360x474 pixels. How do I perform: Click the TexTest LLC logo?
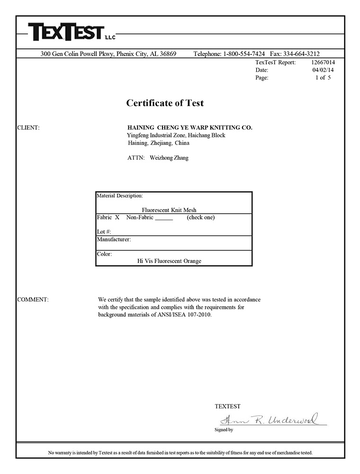click(71, 32)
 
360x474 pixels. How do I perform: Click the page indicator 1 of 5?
click(324, 77)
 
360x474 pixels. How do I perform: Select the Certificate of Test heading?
click(165, 103)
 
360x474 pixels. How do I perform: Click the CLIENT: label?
click(28, 128)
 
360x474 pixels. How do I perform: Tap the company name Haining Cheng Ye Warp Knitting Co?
click(190, 128)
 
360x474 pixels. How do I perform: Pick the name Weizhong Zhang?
click(169, 158)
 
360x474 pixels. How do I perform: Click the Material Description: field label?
click(120, 195)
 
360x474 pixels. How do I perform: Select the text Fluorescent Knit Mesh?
click(169, 210)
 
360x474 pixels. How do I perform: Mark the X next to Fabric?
click(117, 218)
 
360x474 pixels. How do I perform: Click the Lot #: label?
click(104, 232)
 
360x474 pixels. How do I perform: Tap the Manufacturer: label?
click(114, 239)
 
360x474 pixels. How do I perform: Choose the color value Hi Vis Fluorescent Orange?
click(169, 261)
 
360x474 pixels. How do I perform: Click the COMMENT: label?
click(33, 300)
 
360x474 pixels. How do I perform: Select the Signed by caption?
click(224, 430)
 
